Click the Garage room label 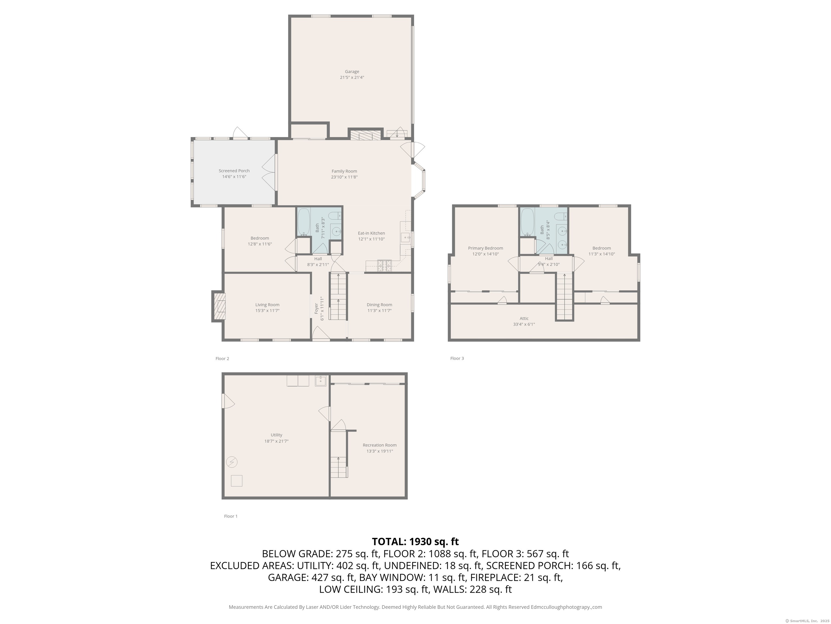(x=352, y=71)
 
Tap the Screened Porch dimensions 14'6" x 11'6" (x=234, y=176)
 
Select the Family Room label (x=344, y=171)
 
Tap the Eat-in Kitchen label (x=371, y=233)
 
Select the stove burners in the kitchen (x=384, y=266)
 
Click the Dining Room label (x=380, y=305)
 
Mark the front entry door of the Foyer (x=321, y=335)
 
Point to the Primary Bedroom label (x=485, y=248)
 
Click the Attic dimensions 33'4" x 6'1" (x=524, y=324)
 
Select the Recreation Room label (x=380, y=445)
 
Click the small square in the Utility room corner (x=236, y=481)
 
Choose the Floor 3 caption (x=457, y=359)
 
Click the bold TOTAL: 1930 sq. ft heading (x=415, y=542)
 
